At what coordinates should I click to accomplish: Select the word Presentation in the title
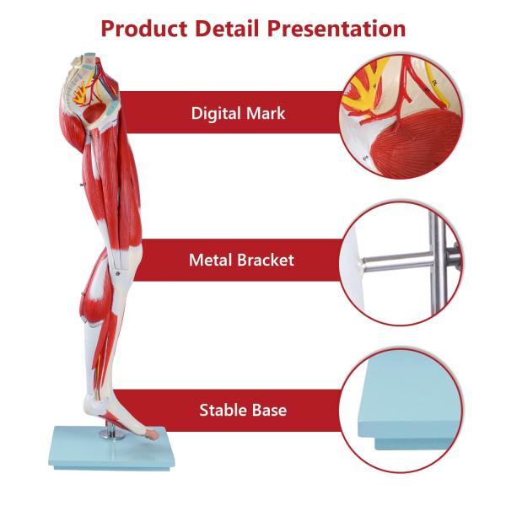(x=340, y=29)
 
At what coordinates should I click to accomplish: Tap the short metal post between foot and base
(x=108, y=433)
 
